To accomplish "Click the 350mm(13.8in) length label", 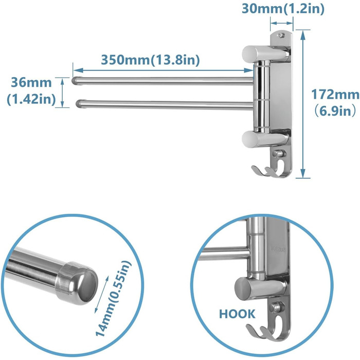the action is click(150, 60).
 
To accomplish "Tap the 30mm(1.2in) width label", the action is click(283, 9).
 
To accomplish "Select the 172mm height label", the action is click(335, 95).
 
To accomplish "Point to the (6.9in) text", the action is click(335, 112).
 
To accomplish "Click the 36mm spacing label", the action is click(31, 83).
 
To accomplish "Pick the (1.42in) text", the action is click(31, 99).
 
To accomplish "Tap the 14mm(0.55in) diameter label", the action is click(113, 298).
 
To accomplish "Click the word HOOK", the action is click(237, 314).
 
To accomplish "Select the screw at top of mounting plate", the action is click(280, 34).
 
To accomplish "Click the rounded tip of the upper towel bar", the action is click(75, 81).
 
